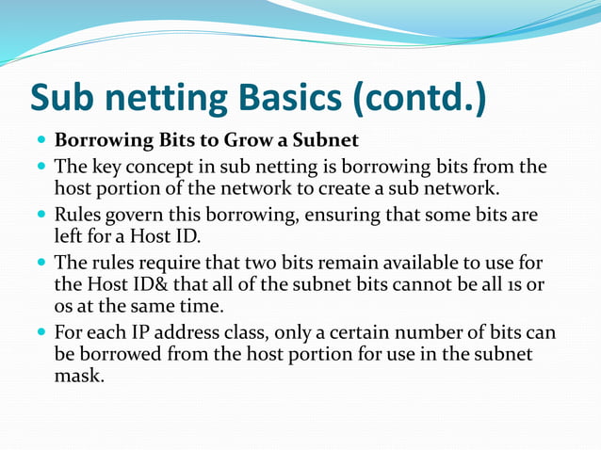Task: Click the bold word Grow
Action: pyautogui.click(x=249, y=141)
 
